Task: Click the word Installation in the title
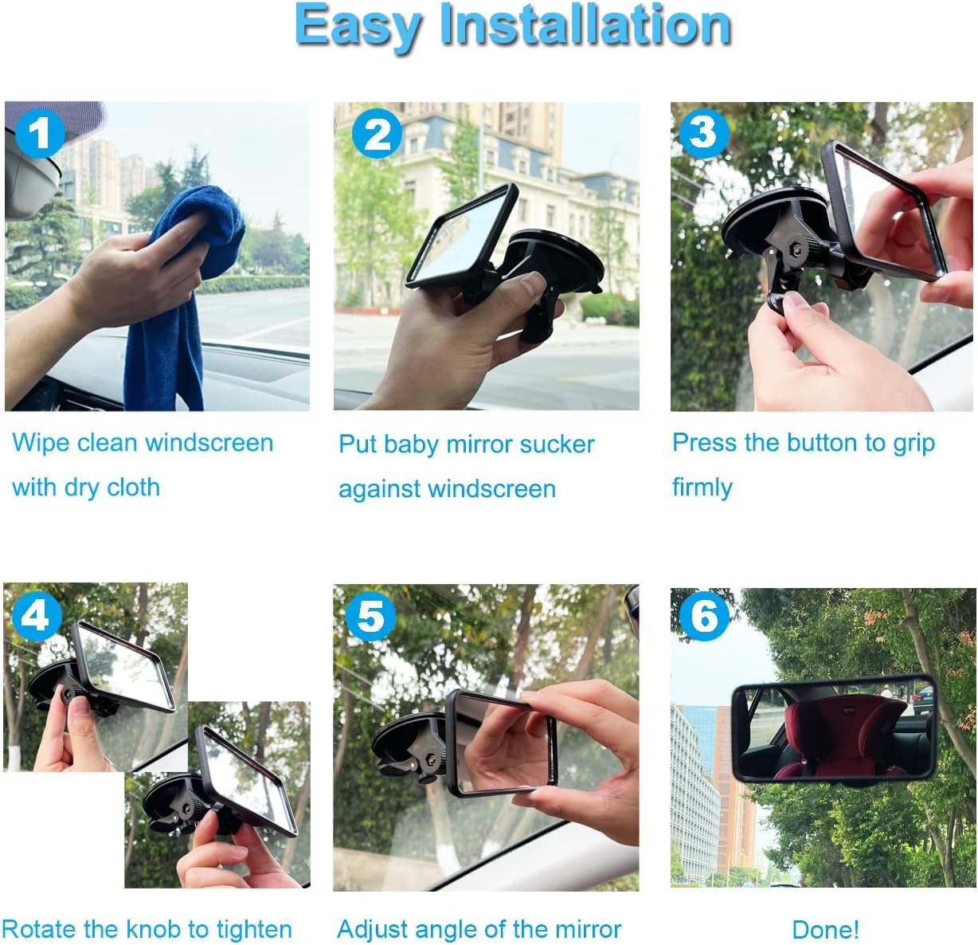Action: click(585, 25)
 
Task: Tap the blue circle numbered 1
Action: click(39, 133)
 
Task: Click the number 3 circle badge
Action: click(703, 132)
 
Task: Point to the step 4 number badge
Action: click(35, 615)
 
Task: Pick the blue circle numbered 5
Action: click(370, 616)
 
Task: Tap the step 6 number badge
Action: click(704, 616)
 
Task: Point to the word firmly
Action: click(702, 487)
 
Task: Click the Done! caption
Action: click(825, 929)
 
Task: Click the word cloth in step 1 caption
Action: click(133, 488)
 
